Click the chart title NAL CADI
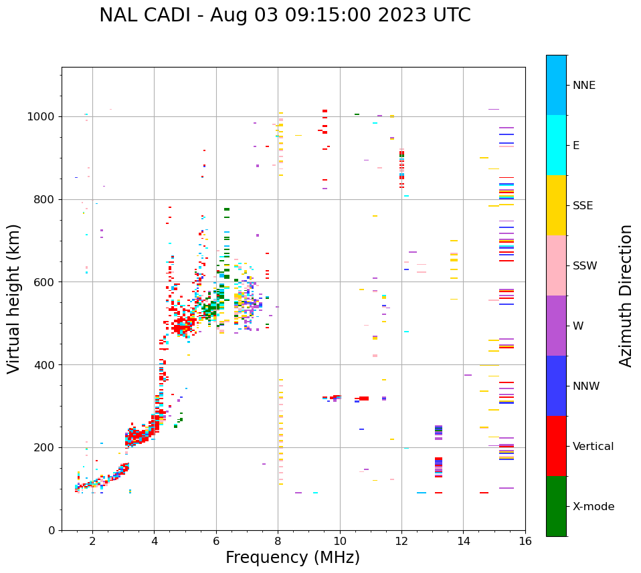click(284, 15)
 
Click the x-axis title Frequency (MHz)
click(292, 558)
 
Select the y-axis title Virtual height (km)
click(14, 299)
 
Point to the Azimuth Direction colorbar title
click(626, 296)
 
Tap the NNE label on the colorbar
click(583, 86)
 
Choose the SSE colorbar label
click(582, 206)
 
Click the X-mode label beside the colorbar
click(593, 507)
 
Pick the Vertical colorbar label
click(593, 447)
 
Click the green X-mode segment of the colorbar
click(556, 506)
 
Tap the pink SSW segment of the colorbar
click(556, 265)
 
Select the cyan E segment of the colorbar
click(556, 145)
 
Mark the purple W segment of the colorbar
click(556, 326)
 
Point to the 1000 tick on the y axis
click(44, 116)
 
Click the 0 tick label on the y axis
click(52, 530)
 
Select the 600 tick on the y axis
click(47, 282)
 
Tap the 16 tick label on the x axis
click(525, 542)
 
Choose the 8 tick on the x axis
click(278, 542)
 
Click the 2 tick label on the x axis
click(92, 542)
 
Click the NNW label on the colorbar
click(586, 386)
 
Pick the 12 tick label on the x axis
click(401, 542)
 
